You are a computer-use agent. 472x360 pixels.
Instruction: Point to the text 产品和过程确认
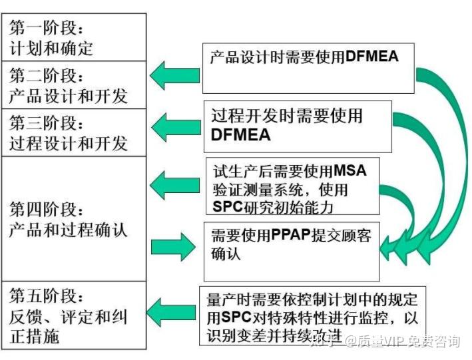tap(69, 231)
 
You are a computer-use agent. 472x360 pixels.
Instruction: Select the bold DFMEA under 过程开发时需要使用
tap(241, 135)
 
